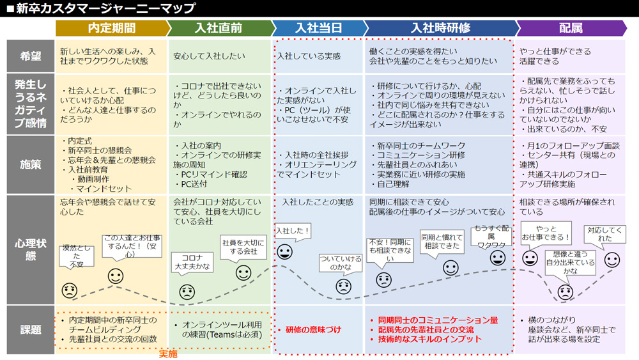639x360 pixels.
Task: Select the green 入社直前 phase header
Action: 220,28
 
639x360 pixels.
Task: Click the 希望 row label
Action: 31,56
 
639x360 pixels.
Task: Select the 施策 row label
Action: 31,165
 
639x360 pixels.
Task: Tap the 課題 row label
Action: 31,330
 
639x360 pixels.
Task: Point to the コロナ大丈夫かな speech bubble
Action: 192,263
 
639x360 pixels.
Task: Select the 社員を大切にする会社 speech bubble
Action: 243,247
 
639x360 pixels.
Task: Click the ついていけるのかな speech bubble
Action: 341,263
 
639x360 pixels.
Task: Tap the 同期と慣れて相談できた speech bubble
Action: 442,242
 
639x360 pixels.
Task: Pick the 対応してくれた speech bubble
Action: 604,235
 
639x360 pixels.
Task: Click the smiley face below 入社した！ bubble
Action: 284,251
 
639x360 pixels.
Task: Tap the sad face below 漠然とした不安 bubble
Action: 69,290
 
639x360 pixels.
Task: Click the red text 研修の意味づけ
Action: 313,330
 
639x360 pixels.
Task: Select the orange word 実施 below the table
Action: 168,354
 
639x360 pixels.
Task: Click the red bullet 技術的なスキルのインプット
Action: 429,339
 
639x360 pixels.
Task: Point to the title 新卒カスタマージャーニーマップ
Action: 105,8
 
